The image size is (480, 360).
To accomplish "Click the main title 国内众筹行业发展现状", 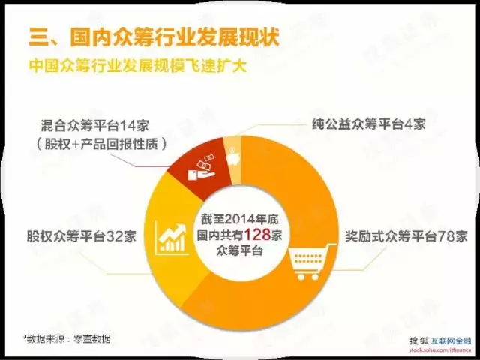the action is [x=175, y=37].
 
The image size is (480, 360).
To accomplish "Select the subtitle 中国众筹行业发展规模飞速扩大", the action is [x=138, y=66].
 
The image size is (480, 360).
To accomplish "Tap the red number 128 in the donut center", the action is [x=257, y=235].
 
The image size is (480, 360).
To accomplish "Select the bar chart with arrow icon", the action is [x=171, y=238].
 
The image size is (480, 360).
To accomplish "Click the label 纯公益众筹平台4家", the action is [x=369, y=124].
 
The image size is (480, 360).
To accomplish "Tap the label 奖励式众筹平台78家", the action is [x=406, y=236].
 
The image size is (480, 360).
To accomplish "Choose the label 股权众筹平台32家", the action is [x=82, y=236].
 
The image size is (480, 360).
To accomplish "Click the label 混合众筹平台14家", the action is [x=95, y=126].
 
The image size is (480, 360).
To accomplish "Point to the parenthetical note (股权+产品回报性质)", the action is [x=102, y=144].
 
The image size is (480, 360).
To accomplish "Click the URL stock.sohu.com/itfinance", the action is [x=440, y=350].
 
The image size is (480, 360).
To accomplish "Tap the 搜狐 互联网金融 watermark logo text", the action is [x=440, y=340].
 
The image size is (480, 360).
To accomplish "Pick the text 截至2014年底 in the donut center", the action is [x=239, y=219].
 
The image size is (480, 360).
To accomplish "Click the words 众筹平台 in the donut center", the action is [x=240, y=251].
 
